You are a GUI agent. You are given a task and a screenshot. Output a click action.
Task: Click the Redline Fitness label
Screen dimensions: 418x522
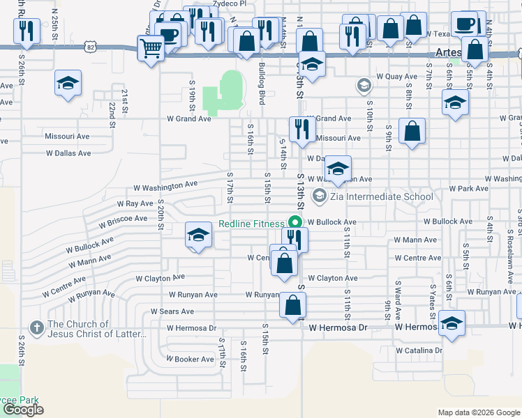[x=251, y=224]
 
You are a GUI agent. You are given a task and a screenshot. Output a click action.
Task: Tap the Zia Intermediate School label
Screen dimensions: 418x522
[x=382, y=196]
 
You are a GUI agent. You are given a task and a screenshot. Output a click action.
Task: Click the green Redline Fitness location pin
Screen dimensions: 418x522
[x=294, y=223]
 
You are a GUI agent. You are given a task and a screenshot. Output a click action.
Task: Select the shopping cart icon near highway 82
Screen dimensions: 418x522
[x=150, y=49]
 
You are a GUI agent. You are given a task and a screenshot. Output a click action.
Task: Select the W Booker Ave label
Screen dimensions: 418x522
[x=189, y=359]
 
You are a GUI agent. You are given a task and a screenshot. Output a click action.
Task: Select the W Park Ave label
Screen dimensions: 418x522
[x=468, y=189]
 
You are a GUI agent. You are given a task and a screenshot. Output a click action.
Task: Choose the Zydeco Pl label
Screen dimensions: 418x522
[x=230, y=3]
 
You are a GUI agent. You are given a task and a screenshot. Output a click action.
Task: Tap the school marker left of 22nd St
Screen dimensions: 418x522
[x=68, y=84]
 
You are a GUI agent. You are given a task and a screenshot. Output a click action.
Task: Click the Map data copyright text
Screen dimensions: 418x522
[x=478, y=412]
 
